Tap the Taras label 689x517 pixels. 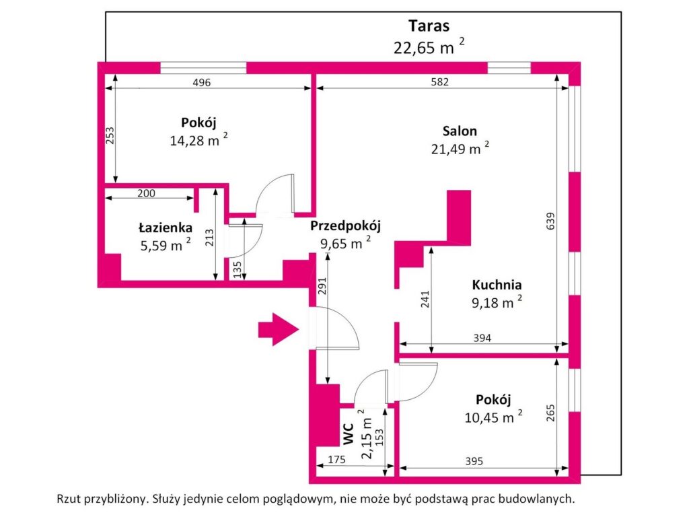point(429,26)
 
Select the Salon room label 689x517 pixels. point(460,131)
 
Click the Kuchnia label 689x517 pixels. point(497,284)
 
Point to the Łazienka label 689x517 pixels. point(166,228)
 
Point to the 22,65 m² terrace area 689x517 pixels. point(429,47)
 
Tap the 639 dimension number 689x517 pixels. point(550,223)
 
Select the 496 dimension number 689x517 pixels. point(202,83)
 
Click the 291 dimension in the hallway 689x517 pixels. point(322,288)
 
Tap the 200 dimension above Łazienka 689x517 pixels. point(146,193)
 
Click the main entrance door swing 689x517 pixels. point(340,330)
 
